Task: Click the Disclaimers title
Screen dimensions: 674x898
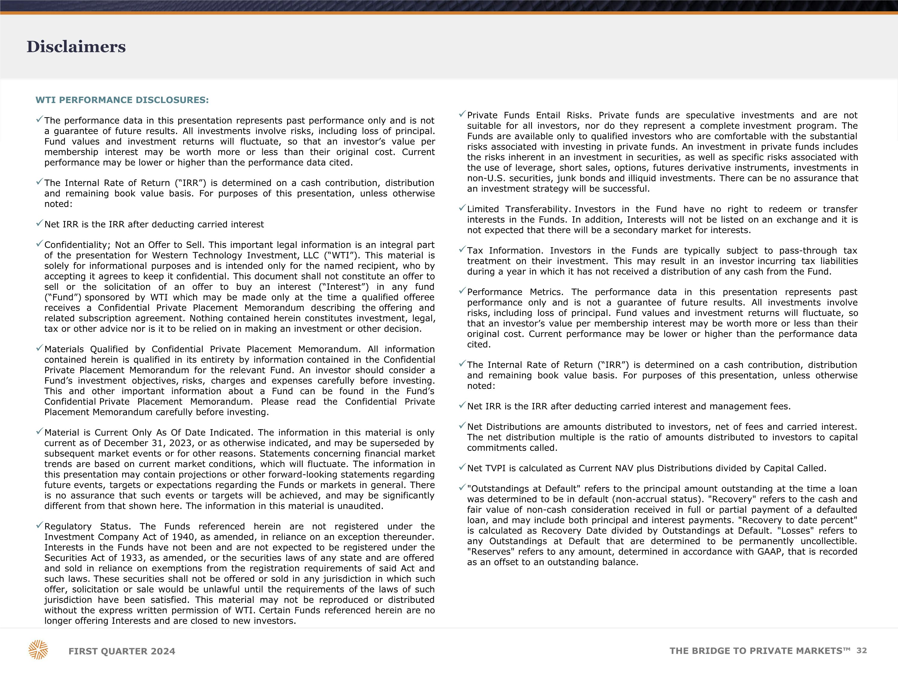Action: pyautogui.click(x=76, y=47)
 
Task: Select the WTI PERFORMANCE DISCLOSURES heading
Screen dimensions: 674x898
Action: pyautogui.click(x=122, y=100)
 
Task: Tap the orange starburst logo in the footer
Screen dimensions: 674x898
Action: pyautogui.click(x=38, y=650)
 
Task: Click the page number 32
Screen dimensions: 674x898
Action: pyautogui.click(x=861, y=650)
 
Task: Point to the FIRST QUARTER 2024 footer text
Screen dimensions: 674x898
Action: pyautogui.click(x=122, y=651)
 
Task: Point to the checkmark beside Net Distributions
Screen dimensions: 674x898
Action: pyautogui.click(x=462, y=425)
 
